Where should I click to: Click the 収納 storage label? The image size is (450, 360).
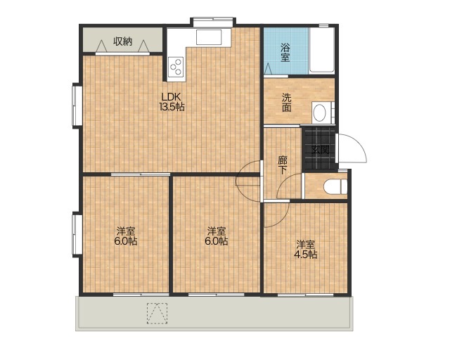(122, 41)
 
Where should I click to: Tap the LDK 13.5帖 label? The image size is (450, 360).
(172, 102)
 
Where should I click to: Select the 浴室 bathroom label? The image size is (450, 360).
(285, 52)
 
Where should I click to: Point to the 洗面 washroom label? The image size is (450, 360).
(286, 103)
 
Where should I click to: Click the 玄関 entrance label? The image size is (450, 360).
(321, 150)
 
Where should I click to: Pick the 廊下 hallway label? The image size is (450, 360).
(283, 165)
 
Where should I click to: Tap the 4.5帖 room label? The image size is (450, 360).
(306, 250)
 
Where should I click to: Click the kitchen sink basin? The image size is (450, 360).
(209, 38)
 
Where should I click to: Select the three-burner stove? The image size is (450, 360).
(176, 67)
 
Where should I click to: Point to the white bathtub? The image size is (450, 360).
(322, 50)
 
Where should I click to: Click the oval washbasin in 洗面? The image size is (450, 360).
(319, 112)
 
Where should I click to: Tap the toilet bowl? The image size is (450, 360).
(335, 186)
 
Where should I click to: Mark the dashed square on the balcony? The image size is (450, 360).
(157, 314)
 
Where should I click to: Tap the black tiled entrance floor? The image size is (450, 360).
(319, 148)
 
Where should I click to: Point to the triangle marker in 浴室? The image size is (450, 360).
(267, 69)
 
